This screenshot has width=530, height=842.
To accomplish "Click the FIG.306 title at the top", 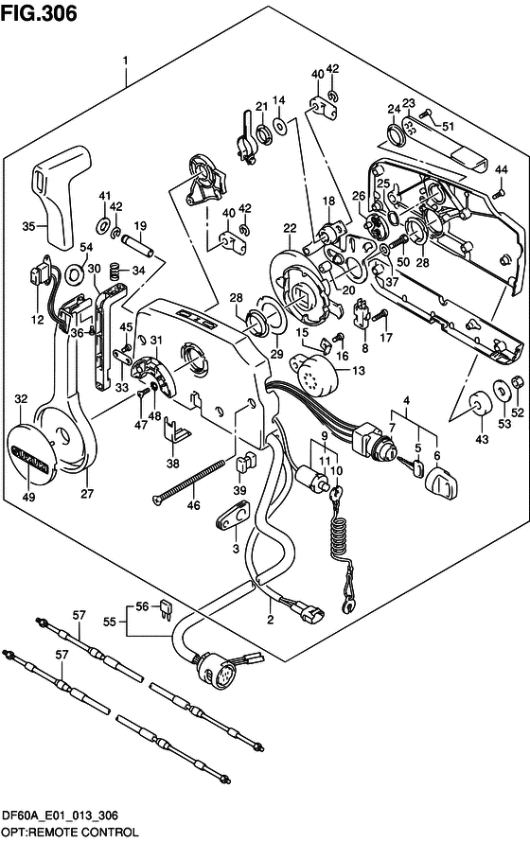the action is click(x=39, y=13).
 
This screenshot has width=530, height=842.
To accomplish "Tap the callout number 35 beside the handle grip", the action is click(x=28, y=226).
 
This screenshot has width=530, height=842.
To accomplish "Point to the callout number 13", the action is click(x=358, y=370).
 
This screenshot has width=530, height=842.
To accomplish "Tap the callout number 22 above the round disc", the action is click(x=290, y=228).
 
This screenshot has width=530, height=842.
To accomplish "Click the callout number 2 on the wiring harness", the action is click(x=271, y=620).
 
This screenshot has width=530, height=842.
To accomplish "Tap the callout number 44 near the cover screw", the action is click(x=501, y=169).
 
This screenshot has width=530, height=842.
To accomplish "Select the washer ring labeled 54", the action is click(x=74, y=273).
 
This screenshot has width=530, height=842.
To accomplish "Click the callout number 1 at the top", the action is click(x=125, y=61).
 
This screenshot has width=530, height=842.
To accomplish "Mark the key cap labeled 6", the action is click(x=441, y=482).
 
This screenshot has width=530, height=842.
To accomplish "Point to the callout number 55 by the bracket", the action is click(x=110, y=622).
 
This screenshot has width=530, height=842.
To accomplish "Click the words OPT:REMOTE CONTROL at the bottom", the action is click(x=69, y=833).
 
